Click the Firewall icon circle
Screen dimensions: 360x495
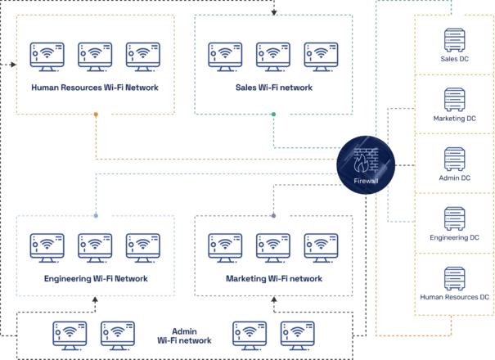coord(366,164)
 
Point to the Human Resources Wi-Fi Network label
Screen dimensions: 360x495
coord(95,87)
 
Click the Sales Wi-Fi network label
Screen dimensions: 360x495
coord(273,87)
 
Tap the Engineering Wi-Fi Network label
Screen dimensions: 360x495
coord(95,278)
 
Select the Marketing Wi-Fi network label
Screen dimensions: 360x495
coord(273,278)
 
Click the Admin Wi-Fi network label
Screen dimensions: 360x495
coord(184,335)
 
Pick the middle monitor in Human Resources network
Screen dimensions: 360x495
coord(95,55)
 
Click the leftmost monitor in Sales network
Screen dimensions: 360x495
coord(225,55)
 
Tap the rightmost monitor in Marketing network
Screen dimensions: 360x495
coord(321,245)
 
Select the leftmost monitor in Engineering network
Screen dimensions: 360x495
coord(47,245)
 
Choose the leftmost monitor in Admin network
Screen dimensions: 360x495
coord(69,332)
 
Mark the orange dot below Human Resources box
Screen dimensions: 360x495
coord(96,114)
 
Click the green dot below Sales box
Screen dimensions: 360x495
coord(273,114)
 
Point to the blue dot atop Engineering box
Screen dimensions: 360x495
coord(96,215)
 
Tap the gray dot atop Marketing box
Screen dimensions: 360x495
coord(273,215)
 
